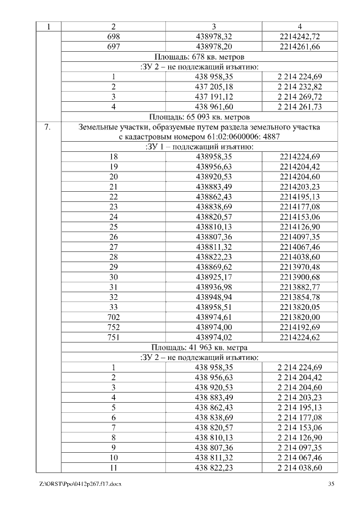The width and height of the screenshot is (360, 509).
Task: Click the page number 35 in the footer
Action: (x=331, y=484)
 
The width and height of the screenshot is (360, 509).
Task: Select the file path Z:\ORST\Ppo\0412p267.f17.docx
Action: (x=80, y=484)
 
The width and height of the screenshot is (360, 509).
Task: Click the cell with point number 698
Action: (x=114, y=36)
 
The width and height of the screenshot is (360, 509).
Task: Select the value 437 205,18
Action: (x=214, y=87)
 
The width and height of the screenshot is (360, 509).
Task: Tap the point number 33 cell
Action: (x=114, y=308)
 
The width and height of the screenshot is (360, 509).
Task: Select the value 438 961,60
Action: (x=214, y=107)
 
